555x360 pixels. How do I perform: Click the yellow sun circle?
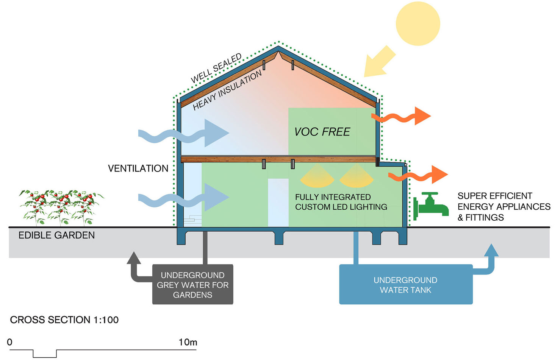pyautogui.click(x=418, y=23)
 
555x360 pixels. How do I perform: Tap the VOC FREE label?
pyautogui.click(x=322, y=132)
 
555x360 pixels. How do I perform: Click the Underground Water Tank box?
pyautogui.click(x=405, y=285)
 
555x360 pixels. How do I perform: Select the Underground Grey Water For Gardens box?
pyautogui.click(x=192, y=285)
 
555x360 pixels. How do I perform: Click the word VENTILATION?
pyautogui.click(x=138, y=168)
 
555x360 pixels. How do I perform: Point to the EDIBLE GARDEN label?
pyautogui.click(x=56, y=235)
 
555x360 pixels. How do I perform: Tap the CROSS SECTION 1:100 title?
pyautogui.click(x=64, y=320)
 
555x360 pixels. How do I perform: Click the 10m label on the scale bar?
pyautogui.click(x=188, y=342)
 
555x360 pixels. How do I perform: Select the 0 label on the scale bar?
pyautogui.click(x=10, y=342)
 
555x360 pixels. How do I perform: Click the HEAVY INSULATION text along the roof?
pyautogui.click(x=227, y=90)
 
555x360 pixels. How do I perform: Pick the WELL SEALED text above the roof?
pyautogui.click(x=216, y=69)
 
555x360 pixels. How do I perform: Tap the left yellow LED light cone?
pyautogui.click(x=317, y=177)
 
